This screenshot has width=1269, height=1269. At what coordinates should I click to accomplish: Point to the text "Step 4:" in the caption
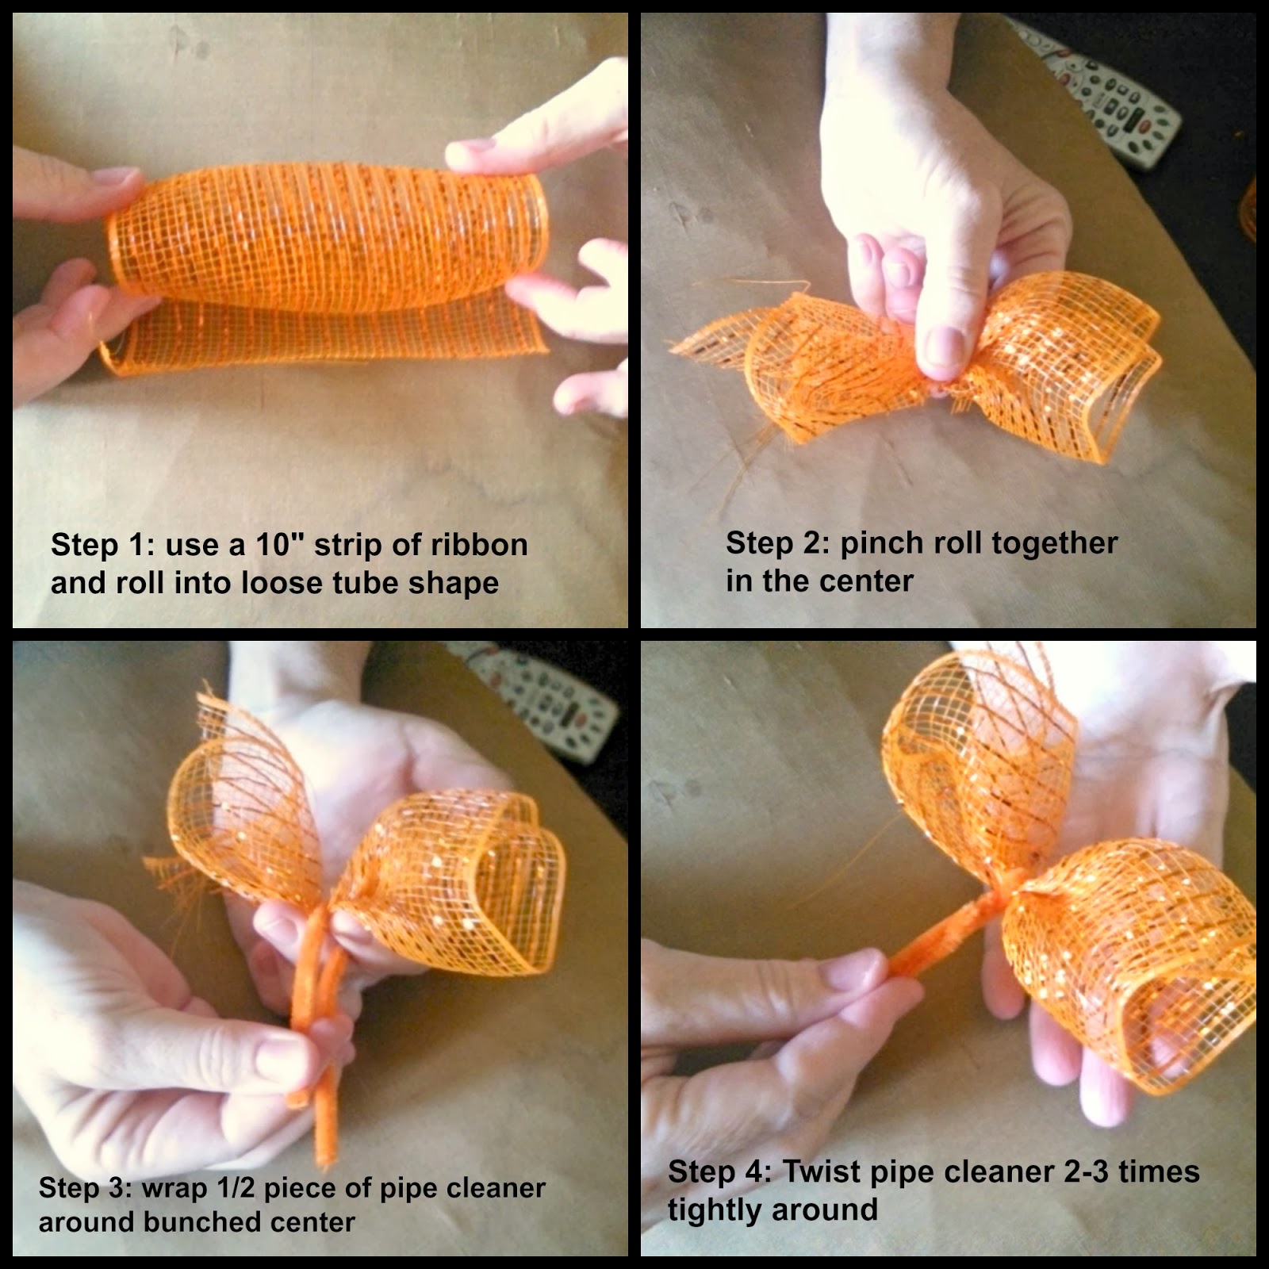click(x=719, y=1171)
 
